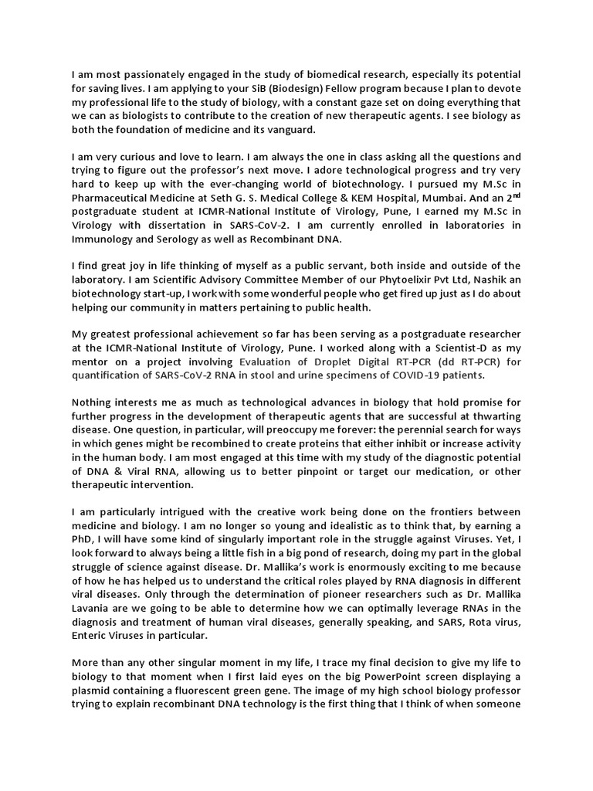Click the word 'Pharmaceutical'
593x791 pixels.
coord(110,198)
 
